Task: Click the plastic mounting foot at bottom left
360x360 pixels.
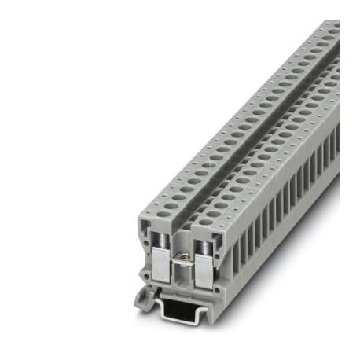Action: (144, 298)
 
